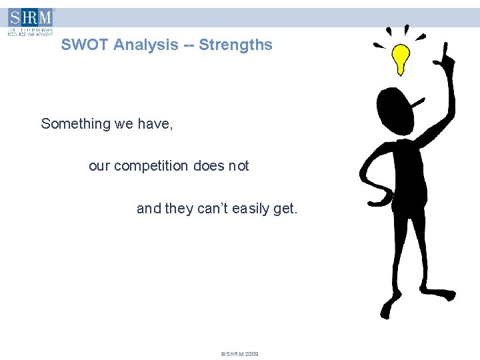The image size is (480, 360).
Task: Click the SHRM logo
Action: tap(31, 21)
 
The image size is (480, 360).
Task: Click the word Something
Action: tap(75, 124)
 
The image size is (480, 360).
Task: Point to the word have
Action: tap(157, 124)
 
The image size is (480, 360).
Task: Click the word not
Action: tap(238, 166)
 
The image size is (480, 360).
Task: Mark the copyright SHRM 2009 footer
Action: tap(239, 353)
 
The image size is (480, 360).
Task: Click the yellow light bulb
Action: tap(400, 57)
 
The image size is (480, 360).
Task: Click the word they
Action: tap(179, 209)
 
